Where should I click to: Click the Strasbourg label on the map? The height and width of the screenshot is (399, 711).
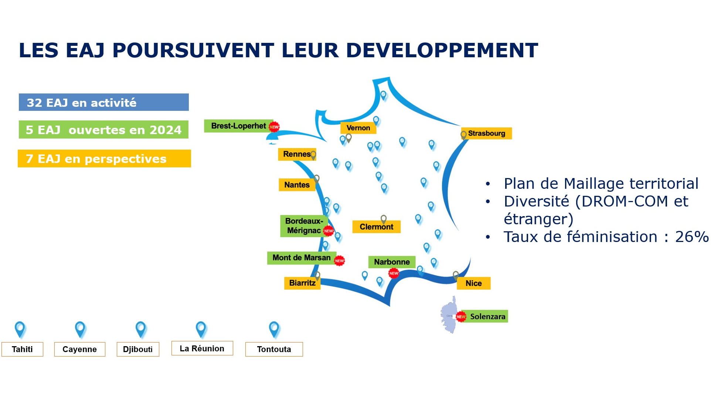tap(486, 133)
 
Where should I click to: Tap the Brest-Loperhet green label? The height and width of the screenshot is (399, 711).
tap(239, 126)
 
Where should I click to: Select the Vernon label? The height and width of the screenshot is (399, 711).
tap(358, 128)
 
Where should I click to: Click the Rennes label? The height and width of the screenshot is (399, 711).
tap(297, 154)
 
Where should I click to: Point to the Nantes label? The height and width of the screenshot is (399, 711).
tap(297, 185)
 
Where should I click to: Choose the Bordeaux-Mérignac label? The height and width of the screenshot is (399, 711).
tap(304, 226)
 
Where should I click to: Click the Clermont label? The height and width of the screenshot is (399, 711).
tap(377, 227)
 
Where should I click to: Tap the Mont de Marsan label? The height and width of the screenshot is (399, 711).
tap(302, 258)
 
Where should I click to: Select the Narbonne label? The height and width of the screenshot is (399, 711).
tap(392, 262)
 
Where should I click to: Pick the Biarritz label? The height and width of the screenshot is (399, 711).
tap(302, 283)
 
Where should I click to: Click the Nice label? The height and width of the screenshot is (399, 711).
tap(474, 283)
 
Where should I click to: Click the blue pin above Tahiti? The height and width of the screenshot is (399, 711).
tap(20, 329)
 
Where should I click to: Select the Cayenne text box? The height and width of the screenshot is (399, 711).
tap(80, 349)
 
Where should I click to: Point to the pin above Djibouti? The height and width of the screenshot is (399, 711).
tap(141, 329)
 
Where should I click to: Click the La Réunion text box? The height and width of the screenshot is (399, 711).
tap(202, 348)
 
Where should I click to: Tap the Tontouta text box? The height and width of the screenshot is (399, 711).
tap(274, 349)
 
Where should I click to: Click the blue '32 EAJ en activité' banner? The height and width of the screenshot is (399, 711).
tap(104, 102)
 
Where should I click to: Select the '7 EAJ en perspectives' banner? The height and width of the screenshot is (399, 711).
tap(104, 158)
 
